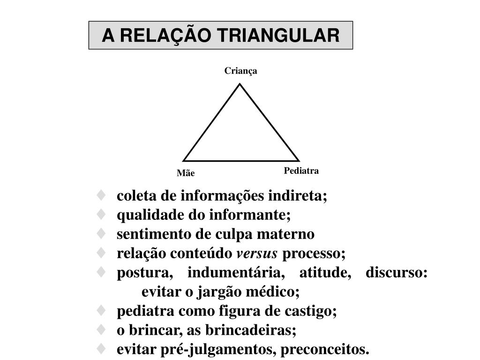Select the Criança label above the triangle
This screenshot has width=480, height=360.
tap(240, 71)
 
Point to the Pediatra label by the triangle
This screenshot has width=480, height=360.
tap(301, 171)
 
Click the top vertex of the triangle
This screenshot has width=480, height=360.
tap(240, 84)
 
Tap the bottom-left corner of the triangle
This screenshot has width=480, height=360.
tap(183, 161)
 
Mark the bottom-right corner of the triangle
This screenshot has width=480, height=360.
tap(299, 161)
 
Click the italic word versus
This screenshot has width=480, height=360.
tap(257, 254)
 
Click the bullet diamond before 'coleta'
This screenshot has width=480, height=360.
tap(101, 195)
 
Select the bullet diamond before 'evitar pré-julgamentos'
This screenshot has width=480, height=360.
tap(101, 349)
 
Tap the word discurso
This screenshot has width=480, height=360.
tap(397, 273)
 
